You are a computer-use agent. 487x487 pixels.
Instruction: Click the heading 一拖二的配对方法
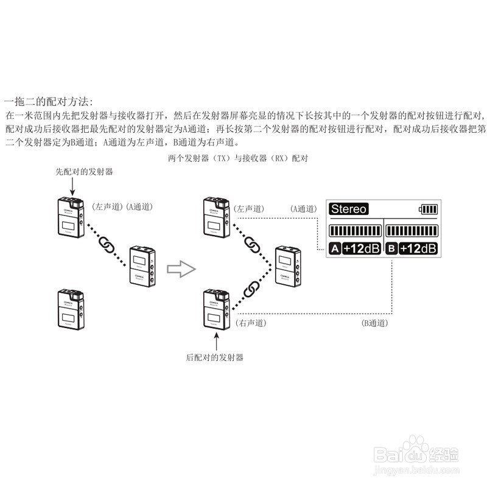49,100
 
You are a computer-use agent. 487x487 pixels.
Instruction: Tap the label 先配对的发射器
84,172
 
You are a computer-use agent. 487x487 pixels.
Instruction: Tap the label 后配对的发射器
215,357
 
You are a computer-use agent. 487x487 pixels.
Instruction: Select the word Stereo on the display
348,209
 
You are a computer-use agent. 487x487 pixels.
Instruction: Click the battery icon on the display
427,210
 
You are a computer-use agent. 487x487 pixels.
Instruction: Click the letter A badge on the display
335,248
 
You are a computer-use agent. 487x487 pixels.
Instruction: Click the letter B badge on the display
392,248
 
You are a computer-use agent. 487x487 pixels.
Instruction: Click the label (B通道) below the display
374,323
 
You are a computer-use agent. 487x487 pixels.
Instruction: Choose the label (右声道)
250,323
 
